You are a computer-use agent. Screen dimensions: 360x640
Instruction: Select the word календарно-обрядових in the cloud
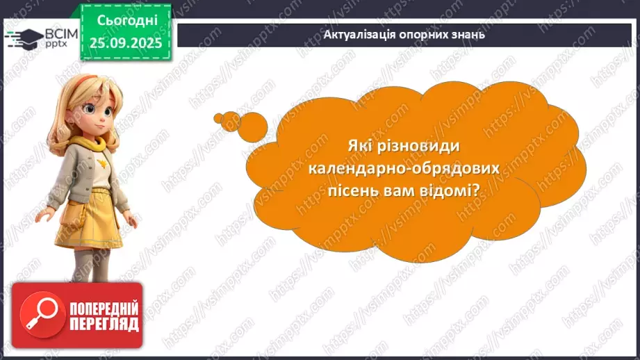(x=404, y=169)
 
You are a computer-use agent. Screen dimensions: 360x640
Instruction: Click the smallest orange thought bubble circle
(x=218, y=117)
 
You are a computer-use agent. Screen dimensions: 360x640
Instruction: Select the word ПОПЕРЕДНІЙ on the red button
(x=104, y=309)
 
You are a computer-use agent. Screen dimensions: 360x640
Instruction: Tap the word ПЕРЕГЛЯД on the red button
(x=104, y=324)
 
